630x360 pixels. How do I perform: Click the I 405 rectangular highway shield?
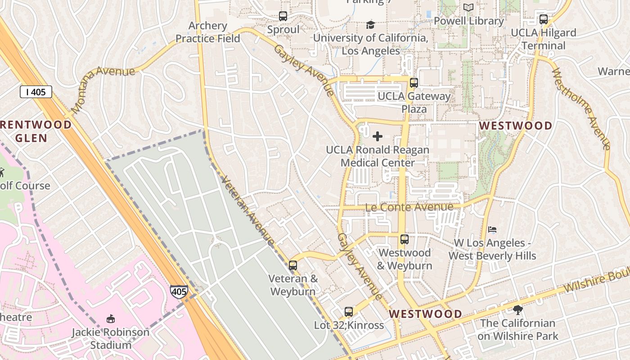pos(36,92)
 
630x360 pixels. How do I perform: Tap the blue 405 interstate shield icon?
pos(179,292)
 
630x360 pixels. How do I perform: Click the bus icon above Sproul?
pos(283,16)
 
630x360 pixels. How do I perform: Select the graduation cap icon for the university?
pos(370,25)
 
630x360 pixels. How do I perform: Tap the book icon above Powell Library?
pos(468,8)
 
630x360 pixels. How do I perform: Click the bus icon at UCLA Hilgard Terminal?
pos(543,19)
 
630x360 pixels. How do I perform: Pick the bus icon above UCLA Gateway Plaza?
pos(414,83)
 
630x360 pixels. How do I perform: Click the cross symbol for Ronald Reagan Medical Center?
pos(378,136)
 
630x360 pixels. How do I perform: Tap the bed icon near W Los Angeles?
pos(492,229)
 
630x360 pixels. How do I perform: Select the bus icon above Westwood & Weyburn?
pos(404,239)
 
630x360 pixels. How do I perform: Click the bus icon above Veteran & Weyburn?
pos(293,265)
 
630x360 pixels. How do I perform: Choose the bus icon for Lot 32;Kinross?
pos(348,311)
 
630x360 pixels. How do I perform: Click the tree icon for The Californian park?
pos(517,310)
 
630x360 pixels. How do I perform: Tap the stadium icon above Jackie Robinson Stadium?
pos(110,319)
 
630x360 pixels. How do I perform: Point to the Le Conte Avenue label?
pos(409,207)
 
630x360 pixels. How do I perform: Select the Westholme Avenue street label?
pos(580,108)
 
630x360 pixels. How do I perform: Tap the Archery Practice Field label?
pos(207,32)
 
